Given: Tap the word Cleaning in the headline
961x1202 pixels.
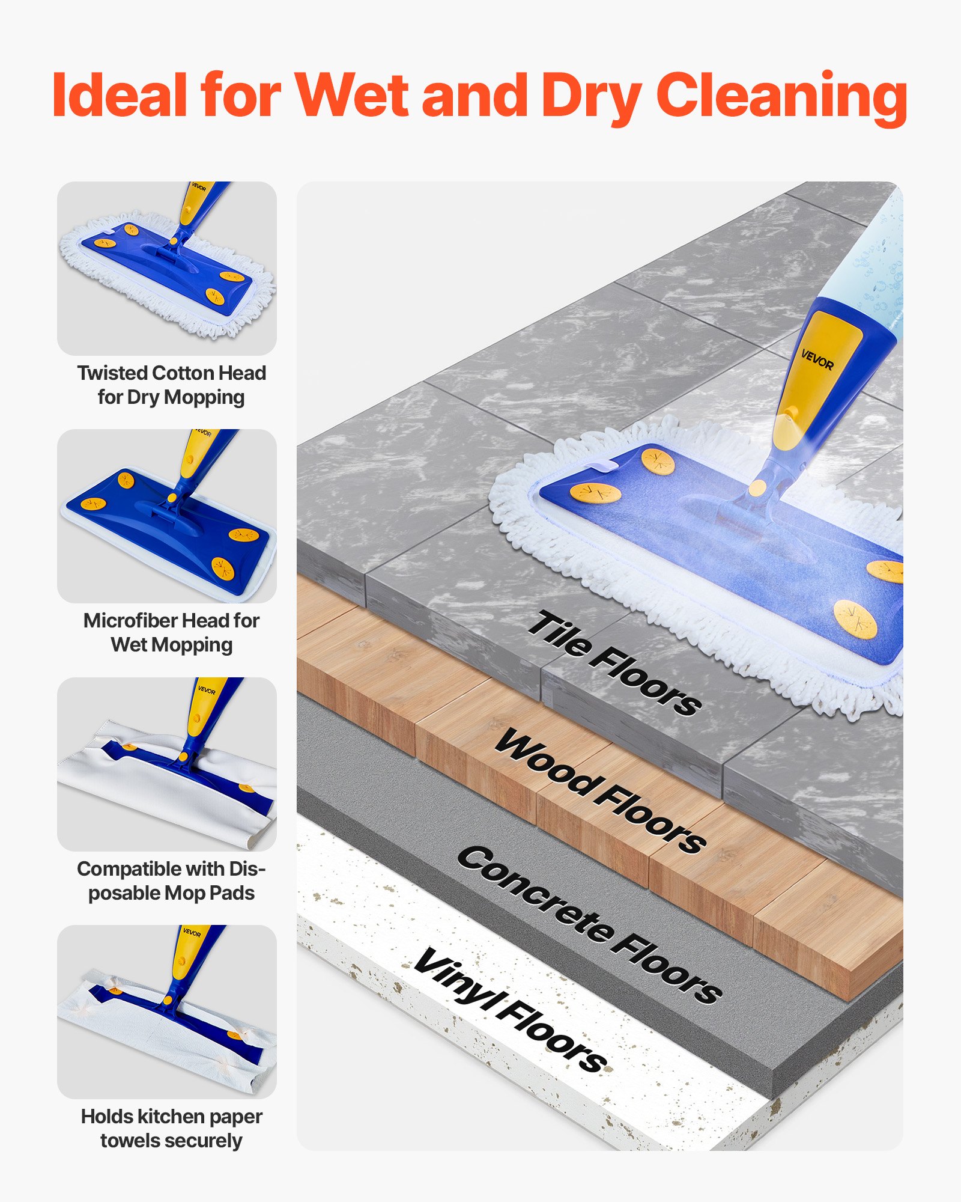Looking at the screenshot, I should [781, 96].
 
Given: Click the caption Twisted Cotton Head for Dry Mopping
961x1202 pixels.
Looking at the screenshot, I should [171, 385].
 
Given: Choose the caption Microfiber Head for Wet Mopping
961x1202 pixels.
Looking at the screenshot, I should [171, 632].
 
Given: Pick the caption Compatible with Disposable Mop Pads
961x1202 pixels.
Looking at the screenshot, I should [171, 880].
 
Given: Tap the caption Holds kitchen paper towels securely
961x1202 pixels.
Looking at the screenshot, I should [171, 1128].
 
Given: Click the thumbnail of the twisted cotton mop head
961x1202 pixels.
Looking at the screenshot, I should [167, 268].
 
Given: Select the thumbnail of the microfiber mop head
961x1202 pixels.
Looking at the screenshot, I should [167, 516].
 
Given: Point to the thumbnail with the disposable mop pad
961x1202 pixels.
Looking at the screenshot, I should [167, 764].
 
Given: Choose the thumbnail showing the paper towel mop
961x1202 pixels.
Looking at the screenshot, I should [167, 1011].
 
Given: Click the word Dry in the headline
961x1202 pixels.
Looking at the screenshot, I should [591, 96].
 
